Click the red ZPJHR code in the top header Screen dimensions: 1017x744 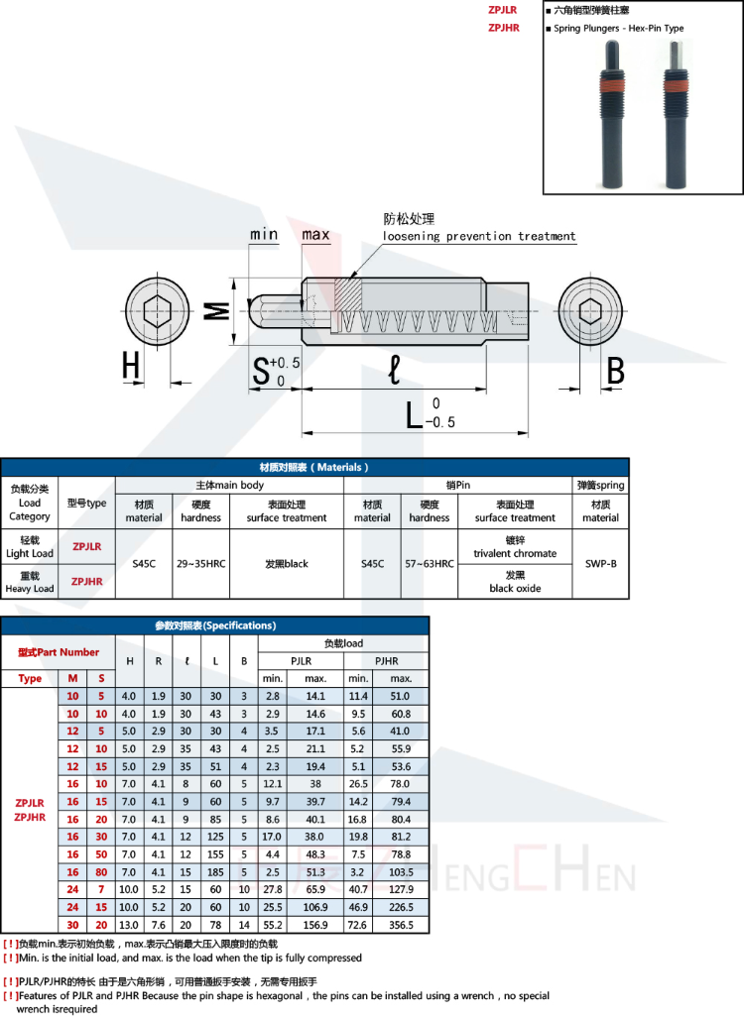click(x=504, y=28)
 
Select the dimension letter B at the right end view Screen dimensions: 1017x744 click(x=615, y=372)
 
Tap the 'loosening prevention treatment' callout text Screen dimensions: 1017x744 click(x=479, y=236)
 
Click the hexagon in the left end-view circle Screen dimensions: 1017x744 click(x=158, y=311)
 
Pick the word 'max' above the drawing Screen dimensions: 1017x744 click(x=315, y=235)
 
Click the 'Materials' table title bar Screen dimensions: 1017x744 click(x=314, y=467)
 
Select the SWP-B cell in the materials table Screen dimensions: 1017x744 click(x=600, y=563)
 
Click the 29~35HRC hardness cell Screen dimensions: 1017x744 click(x=201, y=563)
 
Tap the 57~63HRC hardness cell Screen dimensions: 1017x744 click(x=430, y=563)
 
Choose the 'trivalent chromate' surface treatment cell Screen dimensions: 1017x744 click(x=515, y=547)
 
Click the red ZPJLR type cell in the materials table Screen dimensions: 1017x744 click(x=87, y=545)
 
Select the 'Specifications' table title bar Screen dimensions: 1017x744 click(x=215, y=625)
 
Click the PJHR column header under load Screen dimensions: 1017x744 click(x=386, y=660)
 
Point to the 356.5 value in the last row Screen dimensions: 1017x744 click(x=401, y=925)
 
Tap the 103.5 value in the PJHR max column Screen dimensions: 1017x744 click(x=401, y=871)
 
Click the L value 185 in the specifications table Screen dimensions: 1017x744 click(x=215, y=871)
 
